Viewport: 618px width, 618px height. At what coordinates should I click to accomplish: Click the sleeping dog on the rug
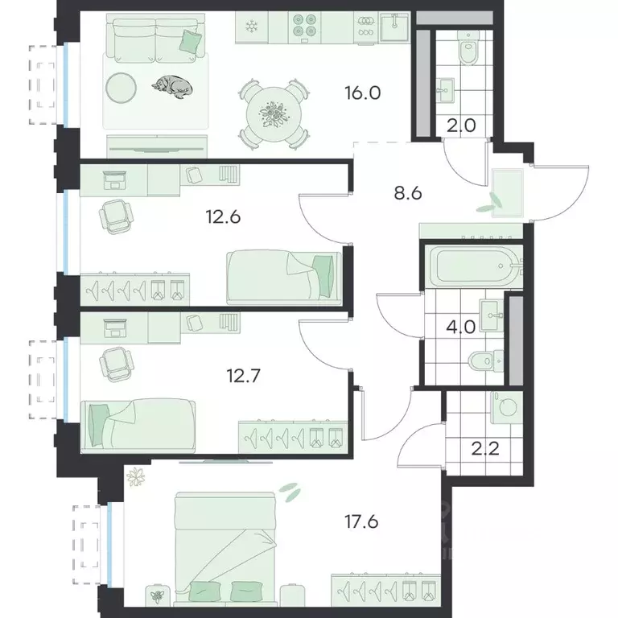[173, 87]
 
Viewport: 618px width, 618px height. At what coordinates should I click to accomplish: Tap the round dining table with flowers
[274, 114]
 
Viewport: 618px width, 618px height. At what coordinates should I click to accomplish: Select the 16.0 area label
[363, 93]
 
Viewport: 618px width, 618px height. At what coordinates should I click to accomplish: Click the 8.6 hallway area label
[408, 193]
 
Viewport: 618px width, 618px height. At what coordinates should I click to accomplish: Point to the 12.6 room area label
[223, 217]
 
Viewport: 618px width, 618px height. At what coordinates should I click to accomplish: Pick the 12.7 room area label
[244, 376]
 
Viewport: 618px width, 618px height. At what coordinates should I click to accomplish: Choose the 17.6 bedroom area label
[361, 521]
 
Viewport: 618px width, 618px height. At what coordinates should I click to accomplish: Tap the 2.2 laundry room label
[485, 448]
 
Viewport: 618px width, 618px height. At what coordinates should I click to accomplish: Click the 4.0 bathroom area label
[461, 328]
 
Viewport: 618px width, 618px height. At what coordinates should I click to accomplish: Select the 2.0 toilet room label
[462, 126]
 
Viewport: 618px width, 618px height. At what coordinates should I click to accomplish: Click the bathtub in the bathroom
[476, 266]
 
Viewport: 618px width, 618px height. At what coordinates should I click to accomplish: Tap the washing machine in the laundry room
[507, 407]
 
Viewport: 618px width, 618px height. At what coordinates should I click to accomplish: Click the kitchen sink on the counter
[394, 26]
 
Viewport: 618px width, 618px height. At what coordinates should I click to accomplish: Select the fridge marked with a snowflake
[251, 27]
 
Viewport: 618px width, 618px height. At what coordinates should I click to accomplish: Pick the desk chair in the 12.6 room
[115, 216]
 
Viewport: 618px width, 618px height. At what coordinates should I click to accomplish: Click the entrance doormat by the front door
[508, 193]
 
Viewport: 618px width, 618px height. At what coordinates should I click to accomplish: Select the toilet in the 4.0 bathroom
[486, 360]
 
